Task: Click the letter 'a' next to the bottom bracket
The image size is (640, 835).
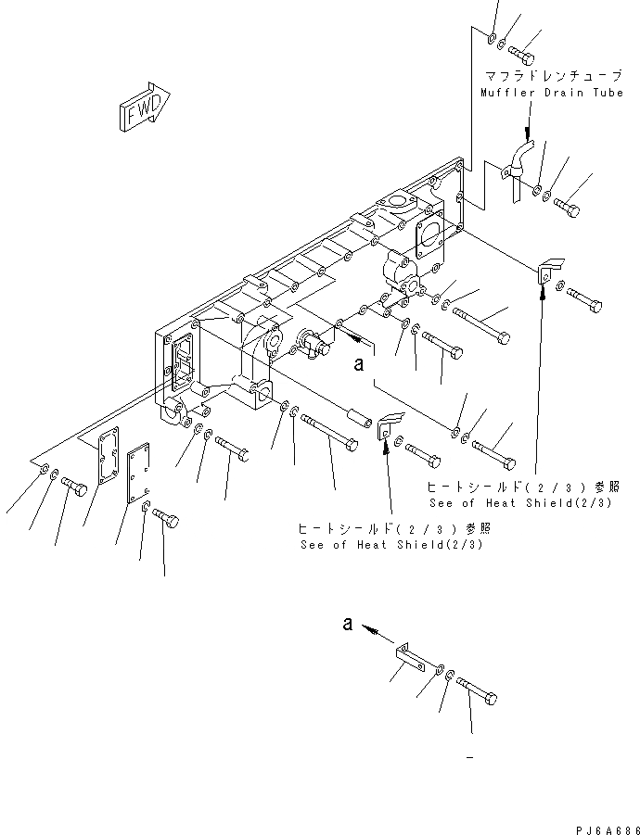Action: coord(347,626)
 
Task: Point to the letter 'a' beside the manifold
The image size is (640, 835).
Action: coord(357,365)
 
